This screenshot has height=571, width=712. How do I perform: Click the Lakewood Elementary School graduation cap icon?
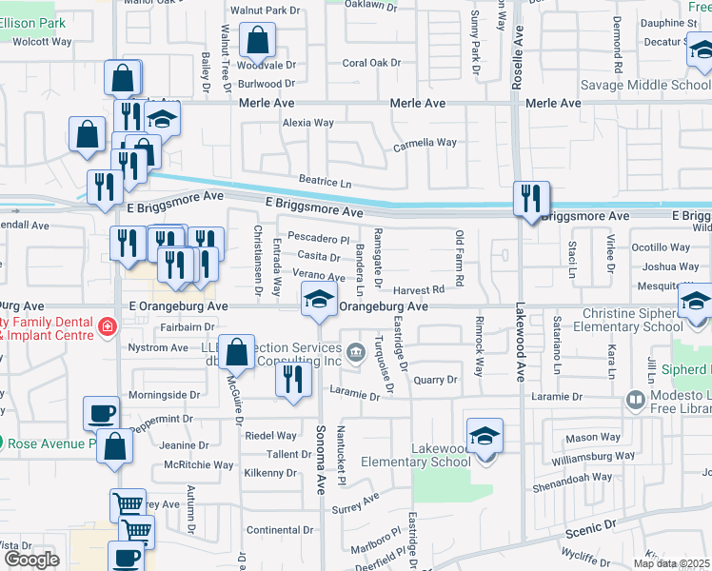pos(485,437)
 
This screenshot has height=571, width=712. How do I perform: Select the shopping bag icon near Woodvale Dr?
pos(257,41)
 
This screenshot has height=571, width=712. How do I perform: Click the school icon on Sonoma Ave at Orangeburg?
pos(319,300)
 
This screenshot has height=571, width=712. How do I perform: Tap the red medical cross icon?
pos(108,329)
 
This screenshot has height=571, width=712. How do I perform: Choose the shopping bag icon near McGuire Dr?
pos(237,352)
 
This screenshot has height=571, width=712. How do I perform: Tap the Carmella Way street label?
pos(425,144)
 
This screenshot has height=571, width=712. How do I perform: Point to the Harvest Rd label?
pos(419,289)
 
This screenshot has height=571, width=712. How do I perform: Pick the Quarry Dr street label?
pos(436,379)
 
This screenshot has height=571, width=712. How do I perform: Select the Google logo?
pos(31,560)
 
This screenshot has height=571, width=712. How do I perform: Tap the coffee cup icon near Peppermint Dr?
pos(102,413)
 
